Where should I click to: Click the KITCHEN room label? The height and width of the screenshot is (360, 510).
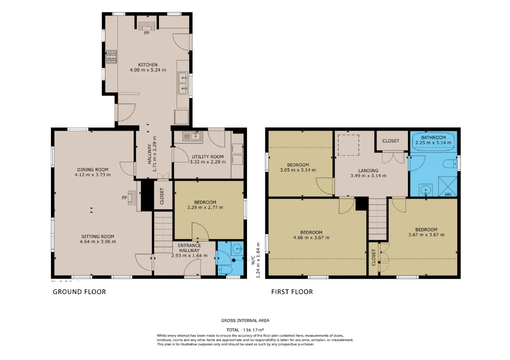(148, 65)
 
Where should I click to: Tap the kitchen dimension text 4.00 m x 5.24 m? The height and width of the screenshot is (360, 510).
(148, 70)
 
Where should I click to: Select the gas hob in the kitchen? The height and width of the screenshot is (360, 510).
(111, 57)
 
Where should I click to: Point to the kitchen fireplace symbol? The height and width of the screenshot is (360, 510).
(147, 26)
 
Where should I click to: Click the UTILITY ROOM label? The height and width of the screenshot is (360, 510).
(208, 157)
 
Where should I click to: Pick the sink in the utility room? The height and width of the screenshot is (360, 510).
(192, 136)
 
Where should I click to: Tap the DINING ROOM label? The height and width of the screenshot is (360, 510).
(93, 170)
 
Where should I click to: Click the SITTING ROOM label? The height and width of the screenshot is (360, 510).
(98, 237)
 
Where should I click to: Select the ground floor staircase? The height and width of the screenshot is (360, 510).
(163, 232)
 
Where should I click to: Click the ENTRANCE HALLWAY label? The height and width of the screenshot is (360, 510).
(189, 248)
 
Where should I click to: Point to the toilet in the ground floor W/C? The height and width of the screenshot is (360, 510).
(225, 270)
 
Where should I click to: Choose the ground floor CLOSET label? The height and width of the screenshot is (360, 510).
(162, 196)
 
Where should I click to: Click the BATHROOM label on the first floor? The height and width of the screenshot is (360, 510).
(433, 137)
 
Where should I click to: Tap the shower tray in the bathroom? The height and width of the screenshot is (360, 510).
(447, 186)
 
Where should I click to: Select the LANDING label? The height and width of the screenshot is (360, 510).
(369, 170)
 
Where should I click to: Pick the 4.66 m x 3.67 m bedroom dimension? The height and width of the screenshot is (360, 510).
(311, 238)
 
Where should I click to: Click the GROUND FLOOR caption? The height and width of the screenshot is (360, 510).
(79, 292)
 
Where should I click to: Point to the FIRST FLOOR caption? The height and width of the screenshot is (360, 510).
(292, 292)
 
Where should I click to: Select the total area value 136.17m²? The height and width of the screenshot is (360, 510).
(253, 330)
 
